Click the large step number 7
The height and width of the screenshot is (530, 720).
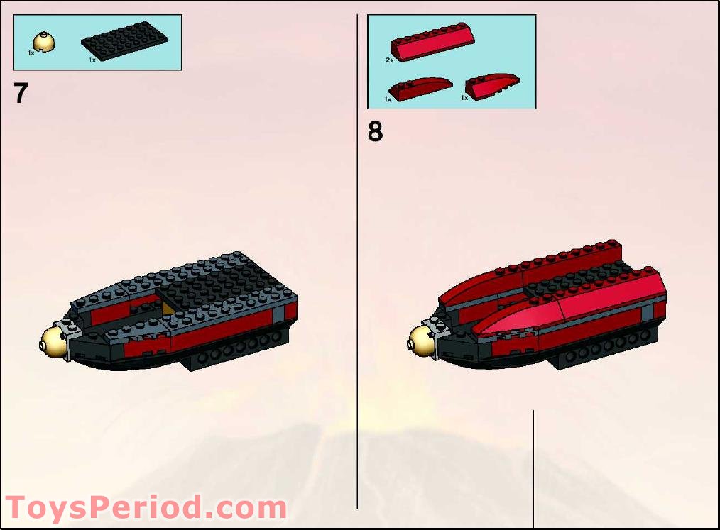tap(21, 93)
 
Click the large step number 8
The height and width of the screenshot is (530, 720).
tap(375, 131)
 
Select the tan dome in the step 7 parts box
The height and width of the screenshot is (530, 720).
tap(46, 42)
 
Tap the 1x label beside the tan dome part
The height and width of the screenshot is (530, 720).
tap(31, 53)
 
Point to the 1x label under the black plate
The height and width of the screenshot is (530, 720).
tap(92, 60)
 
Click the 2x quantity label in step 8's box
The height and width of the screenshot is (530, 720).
tap(390, 60)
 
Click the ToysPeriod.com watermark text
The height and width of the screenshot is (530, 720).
tap(146, 509)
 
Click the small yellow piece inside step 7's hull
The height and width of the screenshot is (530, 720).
tap(168, 307)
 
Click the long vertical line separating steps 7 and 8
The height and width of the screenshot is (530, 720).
tap(357, 284)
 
